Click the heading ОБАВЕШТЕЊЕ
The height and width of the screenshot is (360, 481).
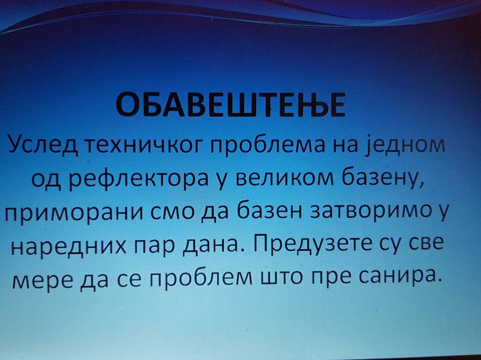click(x=230, y=105)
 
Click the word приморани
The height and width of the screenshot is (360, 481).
click(x=74, y=213)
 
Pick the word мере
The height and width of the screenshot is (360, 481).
click(x=43, y=279)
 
